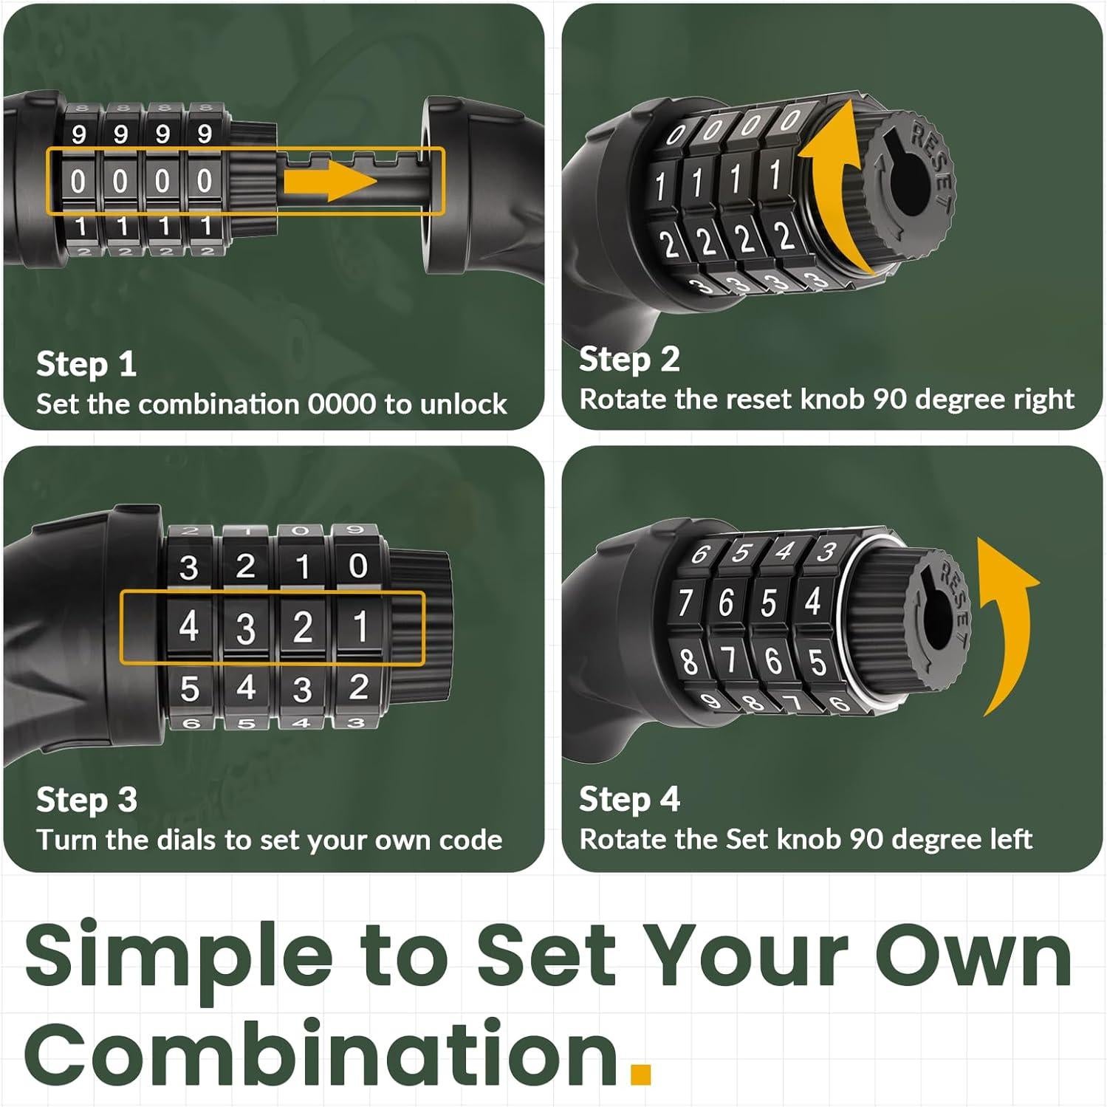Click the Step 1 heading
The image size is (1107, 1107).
(x=86, y=364)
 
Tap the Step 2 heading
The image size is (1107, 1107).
(x=629, y=360)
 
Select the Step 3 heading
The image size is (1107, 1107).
(x=86, y=800)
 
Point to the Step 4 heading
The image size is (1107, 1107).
(x=629, y=799)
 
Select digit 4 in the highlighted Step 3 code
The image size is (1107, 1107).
(x=189, y=628)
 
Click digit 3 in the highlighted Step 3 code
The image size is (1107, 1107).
(x=245, y=629)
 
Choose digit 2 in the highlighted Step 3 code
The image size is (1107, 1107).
(x=302, y=628)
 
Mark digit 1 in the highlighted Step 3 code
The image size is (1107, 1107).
(x=360, y=628)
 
